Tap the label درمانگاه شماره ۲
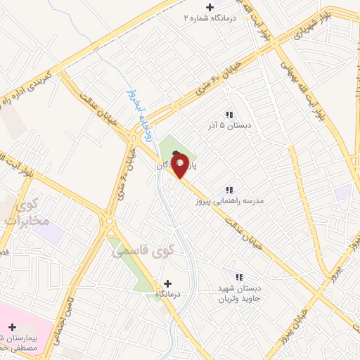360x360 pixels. (208, 17)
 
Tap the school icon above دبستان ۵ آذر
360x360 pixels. (229, 114)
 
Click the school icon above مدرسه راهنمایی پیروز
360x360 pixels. (229, 190)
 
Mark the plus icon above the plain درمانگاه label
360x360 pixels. (167, 283)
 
